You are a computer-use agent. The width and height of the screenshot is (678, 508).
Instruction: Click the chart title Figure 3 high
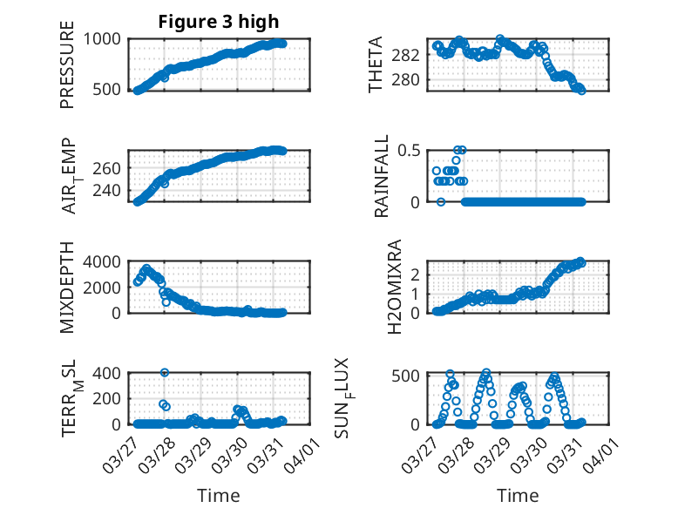pyautogui.click(x=219, y=22)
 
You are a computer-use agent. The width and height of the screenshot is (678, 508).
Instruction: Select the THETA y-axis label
pyautogui.click(x=376, y=64)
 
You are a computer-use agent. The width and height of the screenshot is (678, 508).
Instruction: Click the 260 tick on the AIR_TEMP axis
pyautogui.click(x=112, y=167)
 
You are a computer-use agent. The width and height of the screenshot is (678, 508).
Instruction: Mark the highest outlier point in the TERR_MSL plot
pyautogui.click(x=165, y=373)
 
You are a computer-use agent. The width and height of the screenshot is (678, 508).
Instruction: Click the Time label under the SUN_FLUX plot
pyautogui.click(x=518, y=495)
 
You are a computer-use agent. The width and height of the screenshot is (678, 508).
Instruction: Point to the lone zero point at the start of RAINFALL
pyautogui.click(x=441, y=201)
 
